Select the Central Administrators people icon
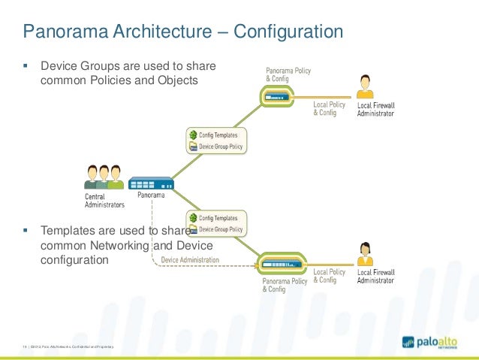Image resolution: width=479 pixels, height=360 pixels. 104,177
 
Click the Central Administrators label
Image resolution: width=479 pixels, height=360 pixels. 104,200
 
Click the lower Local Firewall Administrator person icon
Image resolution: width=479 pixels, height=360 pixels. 366,255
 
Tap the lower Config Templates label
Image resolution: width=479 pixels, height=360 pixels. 218,216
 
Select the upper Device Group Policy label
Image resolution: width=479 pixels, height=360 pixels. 220,147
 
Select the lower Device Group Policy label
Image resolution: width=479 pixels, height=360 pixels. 220,228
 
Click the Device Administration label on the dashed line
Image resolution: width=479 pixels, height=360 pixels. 190,260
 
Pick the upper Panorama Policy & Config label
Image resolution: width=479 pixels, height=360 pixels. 288,74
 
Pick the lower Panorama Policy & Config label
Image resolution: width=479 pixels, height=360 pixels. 285,285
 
